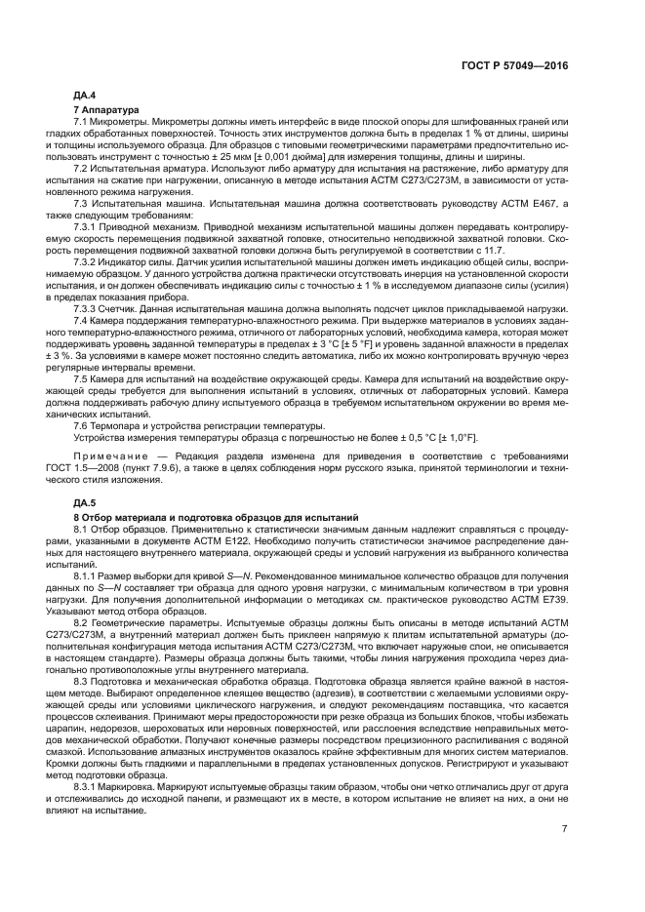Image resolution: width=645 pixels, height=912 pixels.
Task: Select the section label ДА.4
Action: coord(86,96)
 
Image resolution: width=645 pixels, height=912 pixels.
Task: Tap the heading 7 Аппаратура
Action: coord(106,108)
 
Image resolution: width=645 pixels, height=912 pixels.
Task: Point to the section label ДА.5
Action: coord(86,501)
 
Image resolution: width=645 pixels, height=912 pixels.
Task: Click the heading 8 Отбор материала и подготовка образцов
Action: coord(217,514)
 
